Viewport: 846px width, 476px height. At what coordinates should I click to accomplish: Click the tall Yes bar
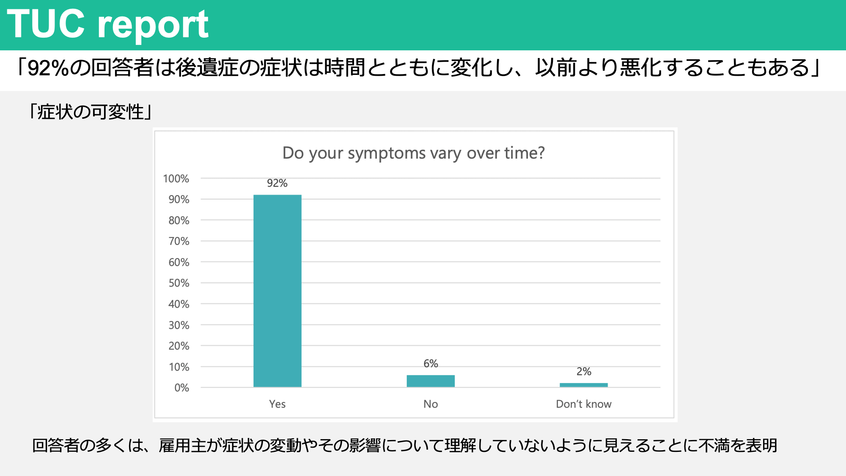click(277, 291)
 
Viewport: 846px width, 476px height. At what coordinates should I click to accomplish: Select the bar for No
click(431, 381)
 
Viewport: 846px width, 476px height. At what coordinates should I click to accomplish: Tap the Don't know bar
click(584, 385)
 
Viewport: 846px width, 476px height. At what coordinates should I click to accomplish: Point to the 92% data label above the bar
click(277, 183)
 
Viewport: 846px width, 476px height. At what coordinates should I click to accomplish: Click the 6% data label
click(431, 363)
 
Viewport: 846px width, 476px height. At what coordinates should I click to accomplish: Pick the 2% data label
click(584, 371)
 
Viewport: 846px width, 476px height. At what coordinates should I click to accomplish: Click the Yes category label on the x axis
click(277, 404)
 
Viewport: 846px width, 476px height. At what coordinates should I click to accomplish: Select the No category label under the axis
click(431, 404)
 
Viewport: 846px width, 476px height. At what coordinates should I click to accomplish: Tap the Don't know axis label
click(584, 404)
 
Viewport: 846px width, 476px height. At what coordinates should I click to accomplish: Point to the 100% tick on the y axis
click(176, 179)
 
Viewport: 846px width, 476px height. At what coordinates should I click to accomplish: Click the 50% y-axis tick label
click(179, 283)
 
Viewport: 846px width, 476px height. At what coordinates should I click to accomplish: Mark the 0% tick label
click(182, 388)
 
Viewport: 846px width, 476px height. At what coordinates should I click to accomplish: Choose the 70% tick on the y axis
click(179, 241)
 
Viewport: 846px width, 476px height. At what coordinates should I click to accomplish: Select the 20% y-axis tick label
click(179, 346)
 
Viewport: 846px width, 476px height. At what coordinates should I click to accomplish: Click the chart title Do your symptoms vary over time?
click(414, 153)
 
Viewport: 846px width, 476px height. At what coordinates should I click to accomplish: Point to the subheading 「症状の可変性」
click(91, 112)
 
